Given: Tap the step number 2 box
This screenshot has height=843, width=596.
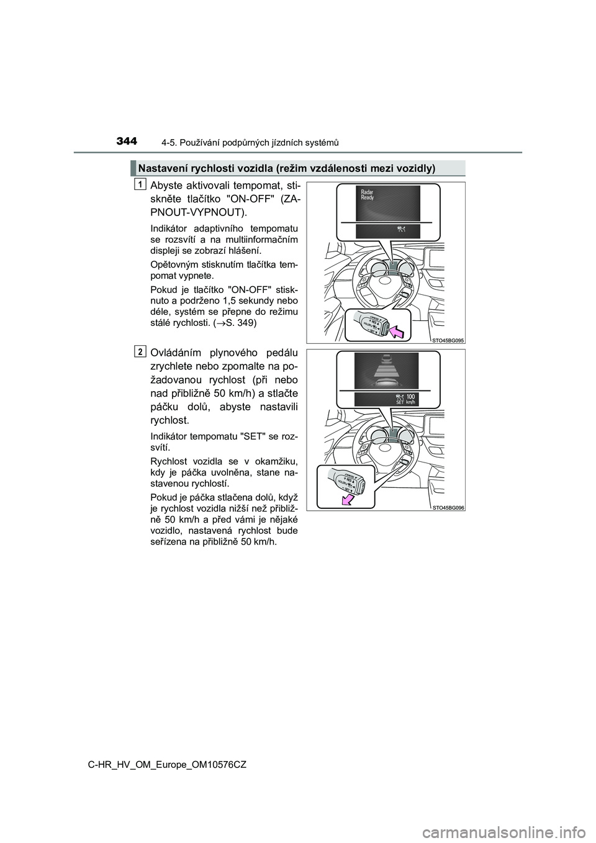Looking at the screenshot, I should pos(142,351).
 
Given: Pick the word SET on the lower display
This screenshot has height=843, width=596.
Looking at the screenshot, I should pos(400,402).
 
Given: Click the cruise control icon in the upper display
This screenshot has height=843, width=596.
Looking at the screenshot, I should pos(399,230).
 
